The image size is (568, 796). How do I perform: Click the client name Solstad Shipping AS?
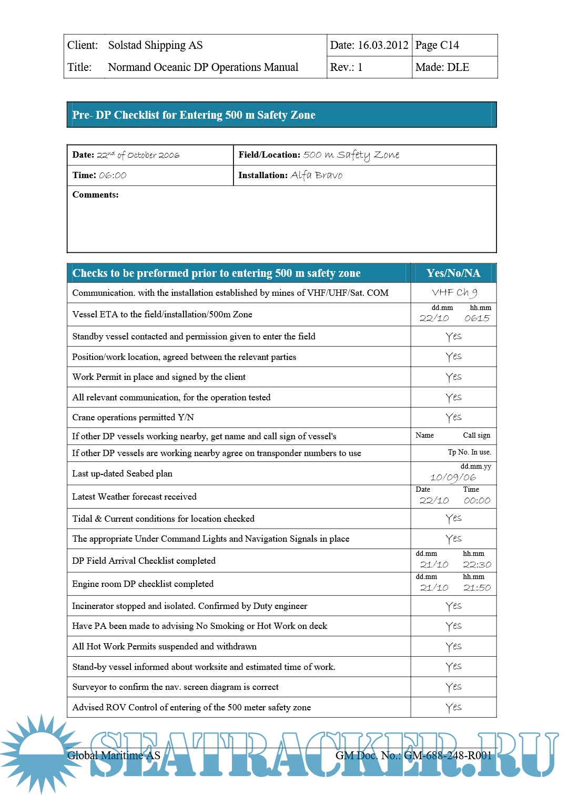click(x=155, y=45)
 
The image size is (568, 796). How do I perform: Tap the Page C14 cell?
click(x=437, y=45)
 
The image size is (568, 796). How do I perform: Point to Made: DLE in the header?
click(x=442, y=67)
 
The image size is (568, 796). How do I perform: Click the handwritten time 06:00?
click(x=113, y=175)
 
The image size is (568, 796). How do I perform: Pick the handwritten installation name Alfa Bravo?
click(x=317, y=175)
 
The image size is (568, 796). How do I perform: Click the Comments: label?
click(x=95, y=195)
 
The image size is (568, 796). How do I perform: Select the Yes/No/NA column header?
click(x=453, y=273)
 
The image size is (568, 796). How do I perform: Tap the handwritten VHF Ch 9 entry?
click(x=454, y=293)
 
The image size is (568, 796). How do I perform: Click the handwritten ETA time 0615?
click(x=477, y=318)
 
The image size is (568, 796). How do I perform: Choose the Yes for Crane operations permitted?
click(x=453, y=418)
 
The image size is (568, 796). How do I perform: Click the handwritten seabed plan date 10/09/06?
click(x=453, y=477)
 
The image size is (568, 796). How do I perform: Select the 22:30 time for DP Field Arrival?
click(x=477, y=565)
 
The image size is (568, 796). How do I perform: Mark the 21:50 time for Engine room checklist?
click(x=477, y=588)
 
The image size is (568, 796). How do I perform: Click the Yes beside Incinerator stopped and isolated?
click(x=453, y=606)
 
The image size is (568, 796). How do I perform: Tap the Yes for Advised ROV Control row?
click(x=453, y=708)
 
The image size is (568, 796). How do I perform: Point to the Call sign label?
click(x=476, y=436)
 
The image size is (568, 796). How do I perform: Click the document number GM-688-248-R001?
click(x=448, y=756)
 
